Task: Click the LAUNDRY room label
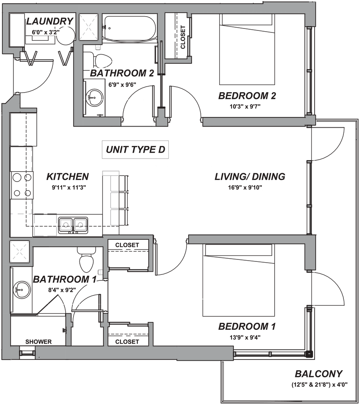50,21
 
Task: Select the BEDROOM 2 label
247,96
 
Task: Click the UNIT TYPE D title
135,151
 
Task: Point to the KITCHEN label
67,176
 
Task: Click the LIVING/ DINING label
250,177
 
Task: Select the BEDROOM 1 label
247,327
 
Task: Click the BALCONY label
318,374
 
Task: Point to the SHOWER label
39,342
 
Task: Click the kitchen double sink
73,224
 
